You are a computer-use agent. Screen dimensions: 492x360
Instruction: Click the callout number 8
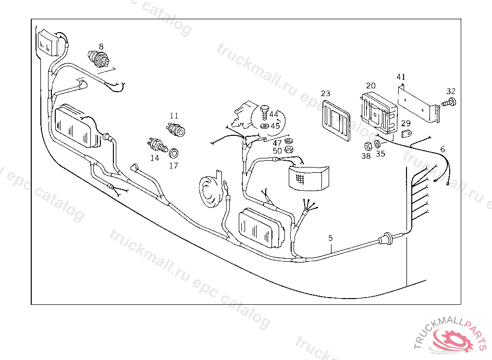tap(101, 46)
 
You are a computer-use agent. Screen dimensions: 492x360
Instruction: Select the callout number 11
tap(174, 116)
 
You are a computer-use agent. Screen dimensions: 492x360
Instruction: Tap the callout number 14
tap(155, 157)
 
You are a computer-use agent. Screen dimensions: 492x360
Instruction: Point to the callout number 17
tap(173, 166)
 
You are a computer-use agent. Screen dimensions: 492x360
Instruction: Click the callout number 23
tap(326, 94)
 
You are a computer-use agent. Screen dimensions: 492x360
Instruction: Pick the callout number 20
tap(370, 85)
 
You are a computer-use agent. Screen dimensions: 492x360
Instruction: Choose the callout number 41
tap(401, 77)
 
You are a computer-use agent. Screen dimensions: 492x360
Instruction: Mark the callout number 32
tap(451, 91)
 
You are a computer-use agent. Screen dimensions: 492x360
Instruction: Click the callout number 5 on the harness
tap(331, 238)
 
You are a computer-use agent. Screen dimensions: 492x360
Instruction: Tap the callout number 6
tap(443, 149)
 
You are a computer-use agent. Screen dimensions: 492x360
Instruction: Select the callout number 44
tap(274, 114)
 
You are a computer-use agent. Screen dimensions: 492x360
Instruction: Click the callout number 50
tap(277, 151)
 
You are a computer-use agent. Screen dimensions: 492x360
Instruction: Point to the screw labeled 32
tap(450, 102)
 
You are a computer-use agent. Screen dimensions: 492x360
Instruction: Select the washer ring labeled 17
tap(174, 154)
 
